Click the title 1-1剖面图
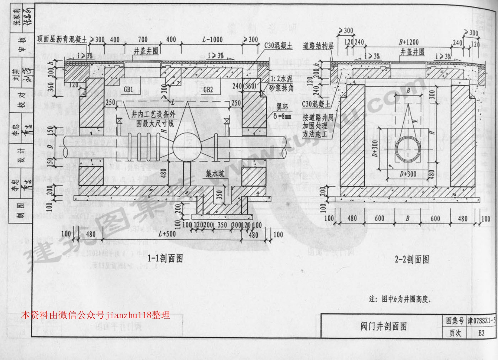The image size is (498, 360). pos(165,258)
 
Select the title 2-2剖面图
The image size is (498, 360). pos(411,259)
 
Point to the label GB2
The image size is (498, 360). pos(208,90)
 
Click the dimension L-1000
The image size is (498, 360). pos(212,40)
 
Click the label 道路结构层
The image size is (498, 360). pos(318,46)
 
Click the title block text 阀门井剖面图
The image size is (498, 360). pos(384,326)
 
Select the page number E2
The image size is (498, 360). pos(481,333)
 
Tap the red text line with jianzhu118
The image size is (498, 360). pos(96,315)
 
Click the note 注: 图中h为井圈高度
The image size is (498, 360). pos(400,299)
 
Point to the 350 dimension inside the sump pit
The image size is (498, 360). pos(219,195)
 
